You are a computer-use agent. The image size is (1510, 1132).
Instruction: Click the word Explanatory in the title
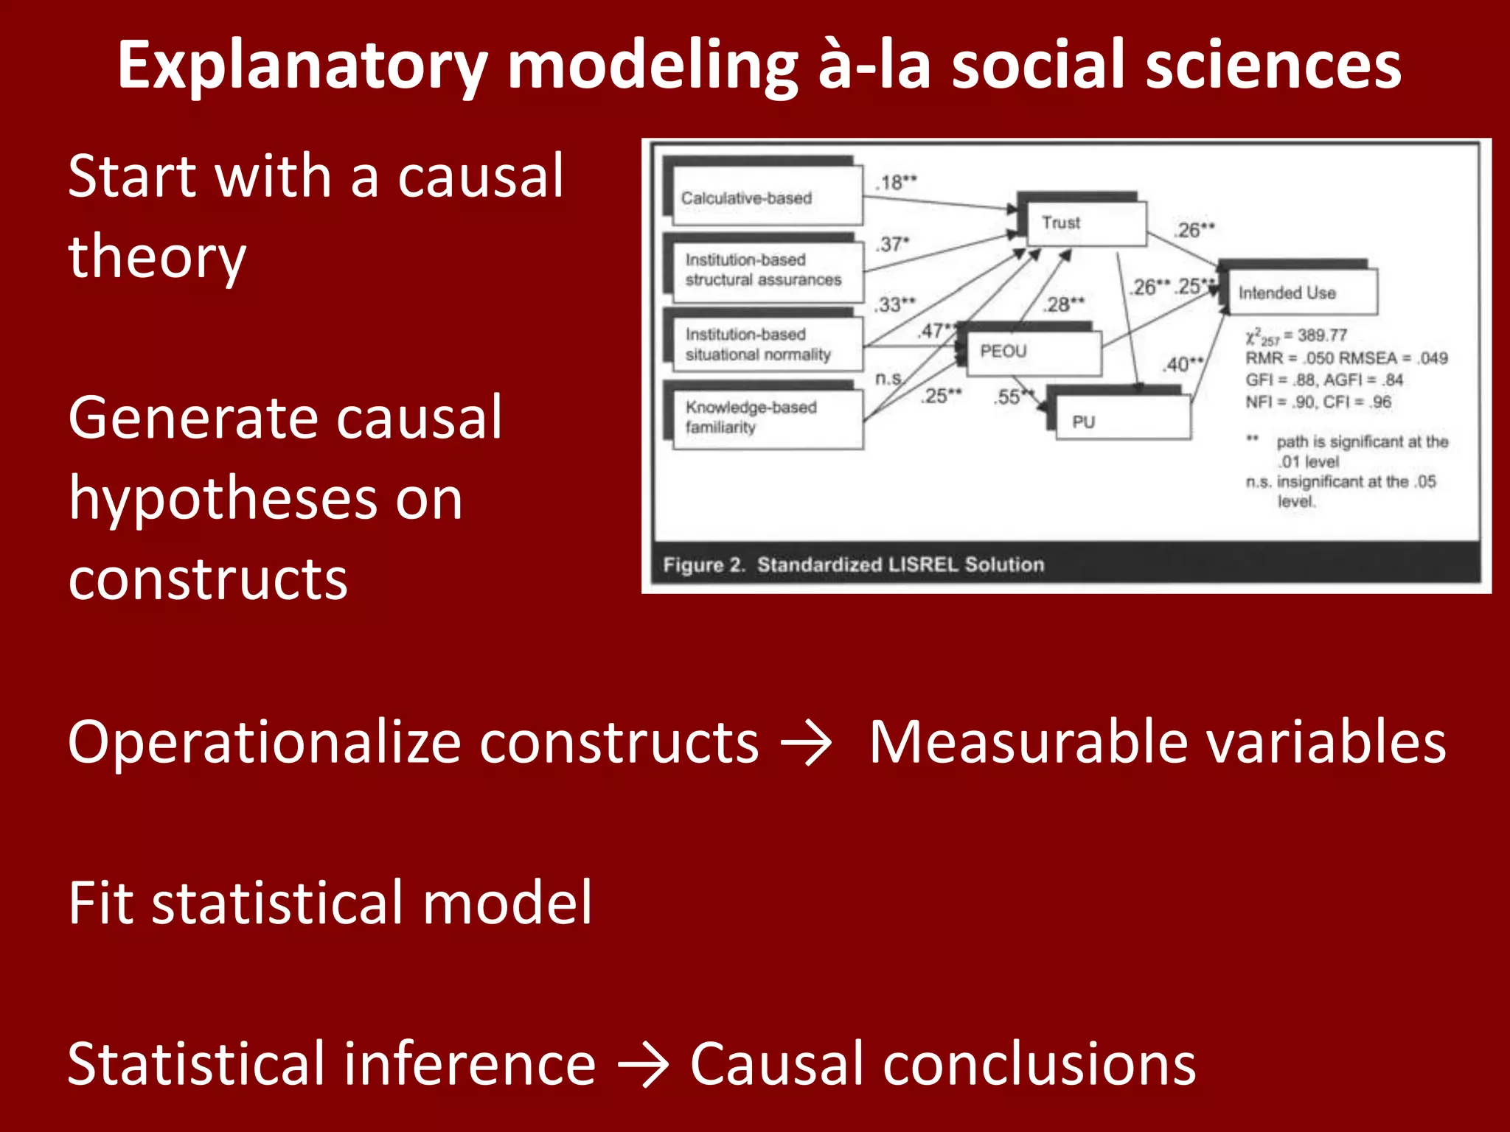pyautogui.click(x=302, y=66)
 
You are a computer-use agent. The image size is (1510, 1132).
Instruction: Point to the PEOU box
pyautogui.click(x=1029, y=352)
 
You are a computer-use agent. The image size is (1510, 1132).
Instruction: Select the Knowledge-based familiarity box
pyautogui.click(x=767, y=417)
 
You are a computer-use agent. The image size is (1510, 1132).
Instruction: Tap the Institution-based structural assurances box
pyautogui.click(x=767, y=270)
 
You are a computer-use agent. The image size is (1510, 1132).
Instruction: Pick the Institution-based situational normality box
pyautogui.click(x=767, y=344)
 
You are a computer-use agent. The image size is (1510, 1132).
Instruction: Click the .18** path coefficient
pyautogui.click(x=897, y=182)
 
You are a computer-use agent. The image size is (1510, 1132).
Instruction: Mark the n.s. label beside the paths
pyautogui.click(x=888, y=378)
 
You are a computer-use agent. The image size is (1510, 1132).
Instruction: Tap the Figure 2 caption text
pyautogui.click(x=853, y=565)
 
